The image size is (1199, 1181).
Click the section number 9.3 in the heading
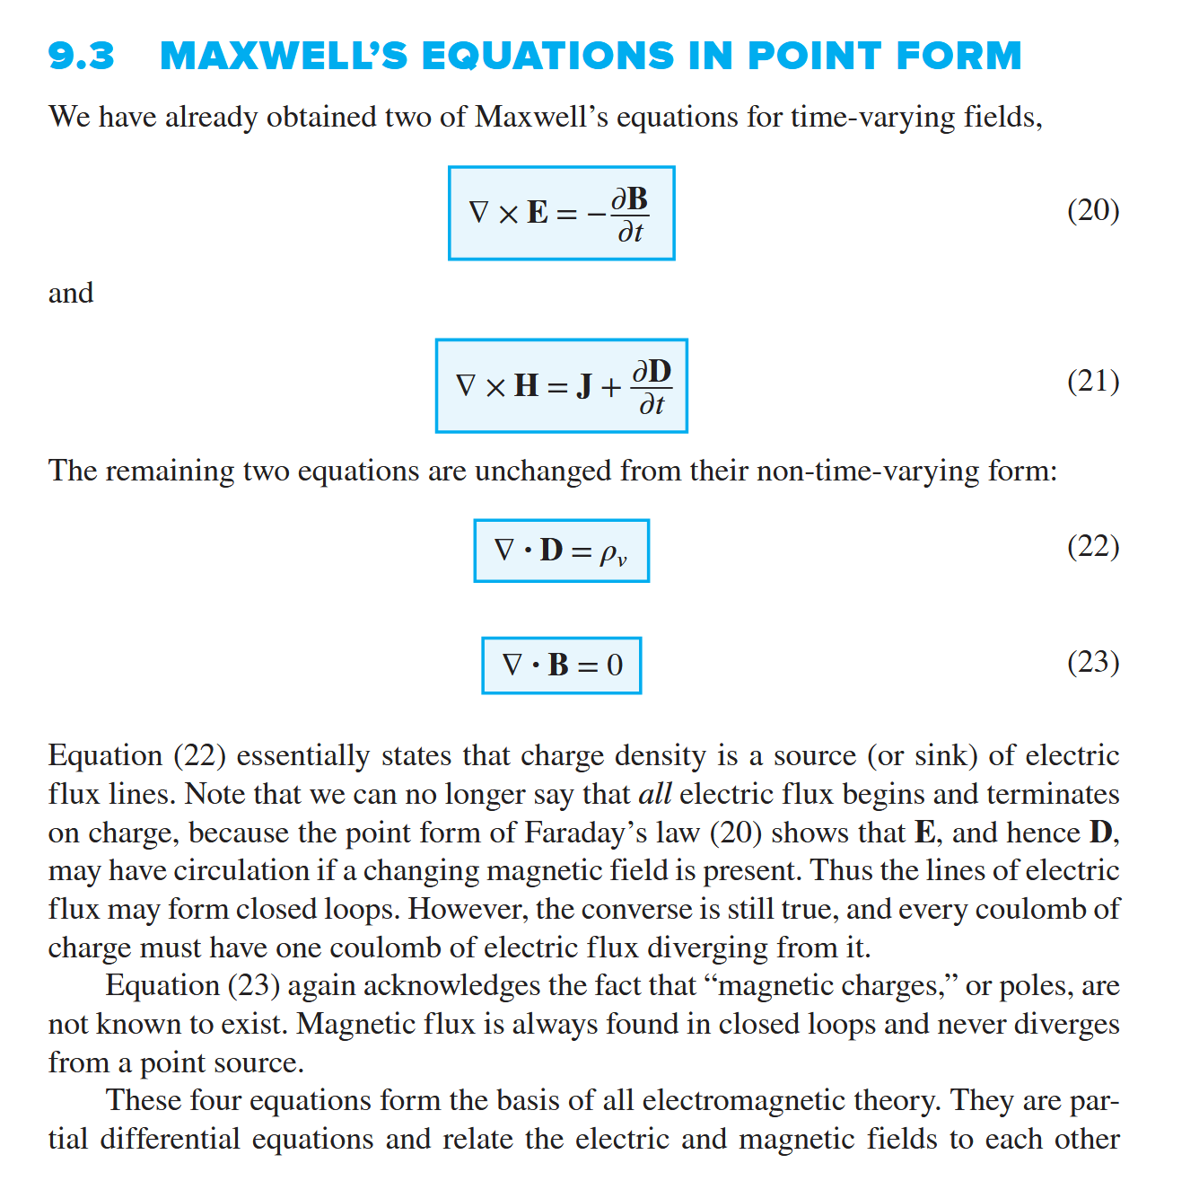pos(81,56)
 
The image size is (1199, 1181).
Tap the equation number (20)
pos(1092,210)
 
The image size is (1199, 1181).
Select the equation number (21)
pos(1092,382)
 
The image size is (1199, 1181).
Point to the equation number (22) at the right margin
pos(1092,546)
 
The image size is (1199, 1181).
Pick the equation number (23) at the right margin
pos(1092,662)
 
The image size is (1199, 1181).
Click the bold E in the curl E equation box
pos(538,213)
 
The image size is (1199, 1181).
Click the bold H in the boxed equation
pos(526,386)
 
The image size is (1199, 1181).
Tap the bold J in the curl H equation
pos(584,386)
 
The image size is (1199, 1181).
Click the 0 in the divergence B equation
pos(615,665)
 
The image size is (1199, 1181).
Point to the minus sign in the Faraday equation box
pos(596,214)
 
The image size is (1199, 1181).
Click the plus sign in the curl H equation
pos(611,387)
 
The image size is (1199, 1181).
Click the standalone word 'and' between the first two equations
pos(71,293)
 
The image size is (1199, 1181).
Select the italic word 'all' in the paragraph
pos(654,794)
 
